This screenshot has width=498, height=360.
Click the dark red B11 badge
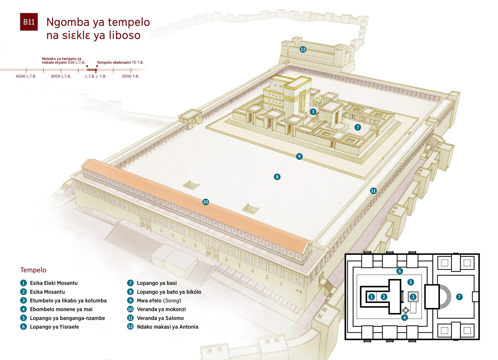click(x=29, y=22)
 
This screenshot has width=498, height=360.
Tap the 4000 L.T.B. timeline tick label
click(x=26, y=76)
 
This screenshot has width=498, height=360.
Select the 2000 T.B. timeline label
click(x=130, y=76)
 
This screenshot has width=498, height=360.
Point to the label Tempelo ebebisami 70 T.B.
click(x=120, y=63)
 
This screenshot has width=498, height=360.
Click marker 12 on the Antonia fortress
click(x=303, y=49)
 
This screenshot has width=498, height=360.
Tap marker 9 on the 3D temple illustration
click(x=299, y=156)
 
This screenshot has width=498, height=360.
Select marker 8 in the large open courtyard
click(x=277, y=177)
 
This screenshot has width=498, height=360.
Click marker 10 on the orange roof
click(x=206, y=202)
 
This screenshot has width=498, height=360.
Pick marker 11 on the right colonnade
click(x=373, y=191)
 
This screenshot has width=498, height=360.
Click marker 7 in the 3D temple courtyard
click(x=358, y=127)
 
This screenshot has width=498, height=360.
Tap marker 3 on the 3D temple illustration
click(x=313, y=112)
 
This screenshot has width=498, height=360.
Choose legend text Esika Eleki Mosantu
click(x=54, y=283)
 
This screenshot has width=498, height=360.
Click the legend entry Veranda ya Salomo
click(x=160, y=318)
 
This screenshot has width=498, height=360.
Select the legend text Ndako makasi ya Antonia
click(x=167, y=327)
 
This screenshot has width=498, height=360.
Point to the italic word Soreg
click(x=172, y=300)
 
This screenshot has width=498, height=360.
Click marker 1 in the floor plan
click(x=372, y=297)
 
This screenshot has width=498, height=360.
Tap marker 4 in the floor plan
click(x=404, y=317)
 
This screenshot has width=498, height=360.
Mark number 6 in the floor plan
click(x=399, y=271)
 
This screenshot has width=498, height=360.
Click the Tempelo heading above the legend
click(x=33, y=270)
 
